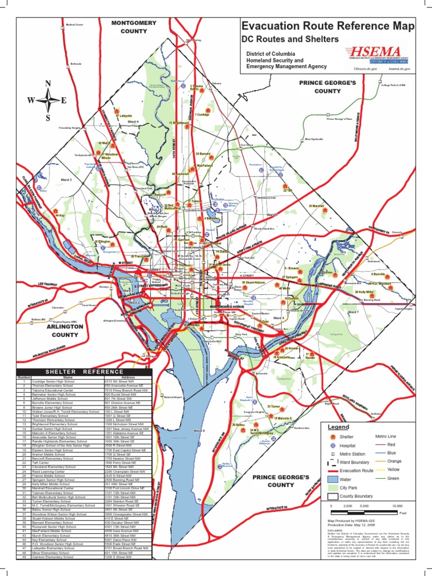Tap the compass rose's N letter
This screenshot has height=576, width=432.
(x=48, y=84)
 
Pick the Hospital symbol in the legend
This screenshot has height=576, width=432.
(x=332, y=445)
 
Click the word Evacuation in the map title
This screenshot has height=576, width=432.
(x=270, y=26)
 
